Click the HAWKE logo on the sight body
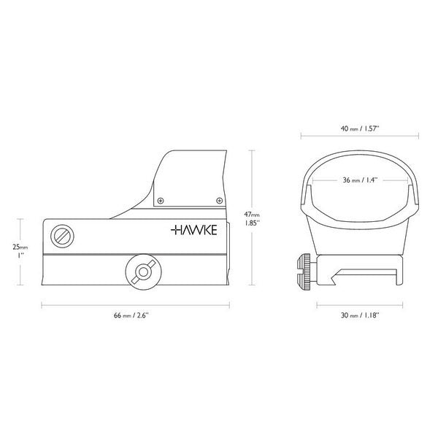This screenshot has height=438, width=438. click(x=194, y=230)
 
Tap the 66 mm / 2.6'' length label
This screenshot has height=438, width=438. click(x=131, y=315)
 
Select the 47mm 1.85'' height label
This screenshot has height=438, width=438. click(x=252, y=219)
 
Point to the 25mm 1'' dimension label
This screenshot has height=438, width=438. click(x=20, y=251)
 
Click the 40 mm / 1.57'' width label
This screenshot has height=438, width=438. click(x=360, y=128)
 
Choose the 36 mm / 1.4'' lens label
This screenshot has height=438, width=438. click(x=360, y=180)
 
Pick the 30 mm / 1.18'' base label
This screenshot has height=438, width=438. click(x=360, y=315)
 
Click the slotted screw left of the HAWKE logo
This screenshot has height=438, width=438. click(x=62, y=236)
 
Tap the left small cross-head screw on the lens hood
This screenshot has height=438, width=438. click(x=161, y=201)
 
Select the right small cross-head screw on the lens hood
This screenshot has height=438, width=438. click(x=220, y=201)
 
